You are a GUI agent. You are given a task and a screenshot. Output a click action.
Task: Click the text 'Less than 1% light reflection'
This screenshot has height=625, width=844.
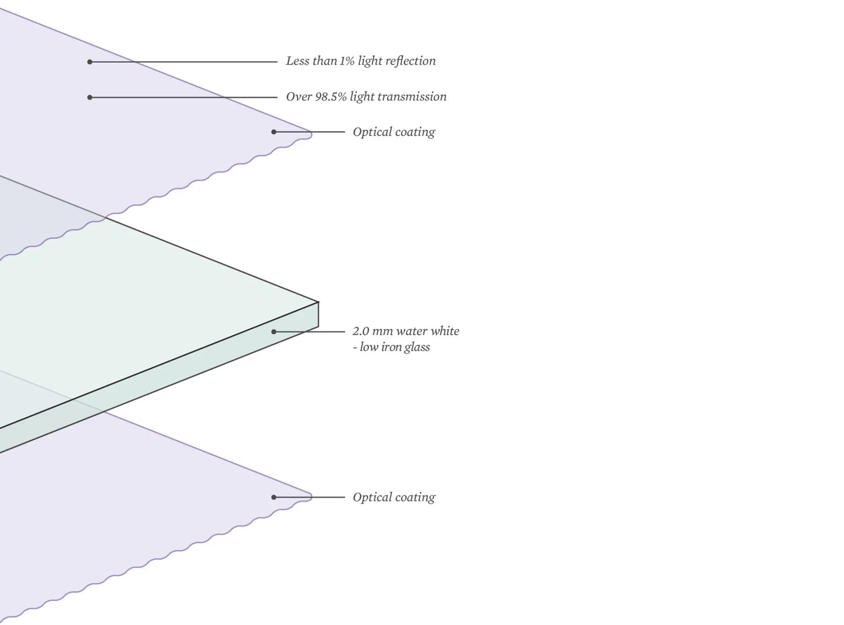pyautogui.click(x=361, y=61)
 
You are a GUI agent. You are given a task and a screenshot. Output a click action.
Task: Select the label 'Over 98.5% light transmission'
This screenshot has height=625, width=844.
pyautogui.click(x=366, y=97)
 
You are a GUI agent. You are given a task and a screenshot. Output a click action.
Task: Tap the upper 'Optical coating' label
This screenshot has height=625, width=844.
pyautogui.click(x=394, y=132)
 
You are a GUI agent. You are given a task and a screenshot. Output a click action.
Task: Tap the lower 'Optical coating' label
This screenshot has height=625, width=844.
pyautogui.click(x=394, y=498)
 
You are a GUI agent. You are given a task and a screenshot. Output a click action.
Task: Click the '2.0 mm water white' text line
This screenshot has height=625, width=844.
pyautogui.click(x=406, y=331)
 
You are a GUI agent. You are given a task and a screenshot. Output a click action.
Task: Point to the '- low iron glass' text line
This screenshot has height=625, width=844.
pyautogui.click(x=391, y=347)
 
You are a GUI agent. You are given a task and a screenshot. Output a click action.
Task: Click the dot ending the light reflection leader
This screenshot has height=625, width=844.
pyautogui.click(x=90, y=62)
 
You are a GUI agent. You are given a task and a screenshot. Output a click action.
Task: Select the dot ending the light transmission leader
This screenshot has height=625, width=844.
pyautogui.click(x=90, y=97)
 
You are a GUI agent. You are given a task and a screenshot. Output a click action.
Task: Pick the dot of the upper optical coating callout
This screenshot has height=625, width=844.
pyautogui.click(x=274, y=132)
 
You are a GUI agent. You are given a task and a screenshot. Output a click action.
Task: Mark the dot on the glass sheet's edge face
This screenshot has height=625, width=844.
pyautogui.click(x=274, y=332)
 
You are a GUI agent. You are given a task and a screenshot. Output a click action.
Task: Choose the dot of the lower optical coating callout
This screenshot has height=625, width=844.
pyautogui.click(x=274, y=497)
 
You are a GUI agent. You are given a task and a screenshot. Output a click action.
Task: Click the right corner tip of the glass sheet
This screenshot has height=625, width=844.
pyautogui.click(x=318, y=302)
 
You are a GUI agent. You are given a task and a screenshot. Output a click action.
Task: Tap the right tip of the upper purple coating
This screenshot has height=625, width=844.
pyautogui.click(x=311, y=134)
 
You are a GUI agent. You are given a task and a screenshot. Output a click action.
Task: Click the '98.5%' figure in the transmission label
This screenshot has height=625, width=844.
pyautogui.click(x=331, y=97)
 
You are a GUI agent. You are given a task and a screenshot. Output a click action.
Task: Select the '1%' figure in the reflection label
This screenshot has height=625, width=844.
pyautogui.click(x=347, y=61)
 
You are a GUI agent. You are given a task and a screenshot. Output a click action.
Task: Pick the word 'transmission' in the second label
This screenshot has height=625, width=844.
pyautogui.click(x=412, y=97)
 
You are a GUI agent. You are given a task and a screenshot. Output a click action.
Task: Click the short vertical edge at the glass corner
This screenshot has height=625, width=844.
pyautogui.click(x=318, y=314)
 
